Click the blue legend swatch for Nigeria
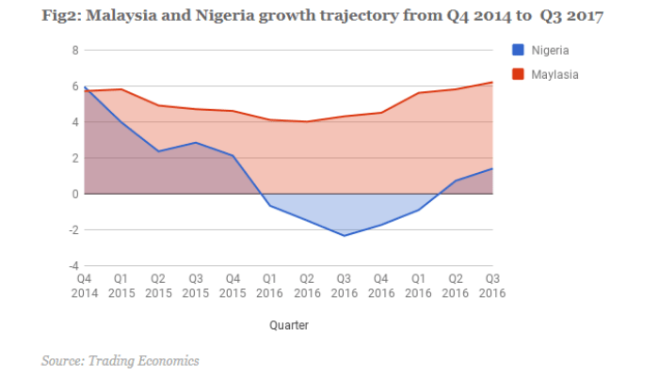pyautogui.click(x=518, y=50)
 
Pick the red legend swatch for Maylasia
pyautogui.click(x=518, y=73)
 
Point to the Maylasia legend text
pyautogui.click(x=556, y=73)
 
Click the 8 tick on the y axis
pyautogui.click(x=75, y=50)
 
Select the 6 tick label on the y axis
pyautogui.click(x=75, y=86)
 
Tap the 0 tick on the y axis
pyautogui.click(x=75, y=194)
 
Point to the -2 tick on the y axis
pyautogui.click(x=73, y=229)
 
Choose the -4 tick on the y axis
pyautogui.click(x=73, y=265)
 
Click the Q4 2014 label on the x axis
pyautogui.click(x=85, y=285)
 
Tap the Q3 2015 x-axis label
pyautogui.click(x=196, y=285)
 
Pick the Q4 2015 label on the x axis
pyautogui.click(x=233, y=285)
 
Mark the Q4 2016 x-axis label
pyautogui.click(x=380, y=285)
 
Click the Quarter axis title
pyautogui.click(x=287, y=324)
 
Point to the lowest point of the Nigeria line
pyautogui.click(x=344, y=235)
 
